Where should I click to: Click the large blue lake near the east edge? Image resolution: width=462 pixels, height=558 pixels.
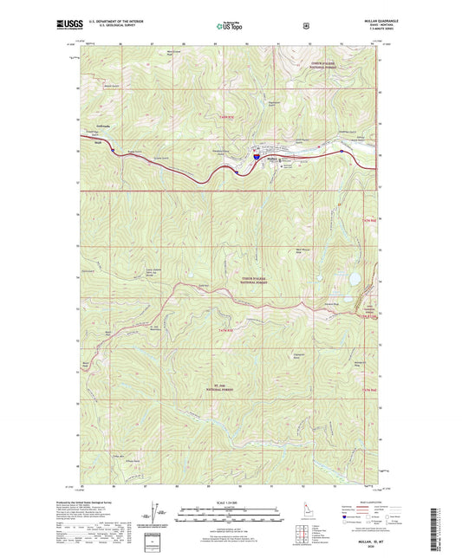pos(355,279)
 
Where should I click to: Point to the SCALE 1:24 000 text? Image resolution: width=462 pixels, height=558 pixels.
pos(230,502)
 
